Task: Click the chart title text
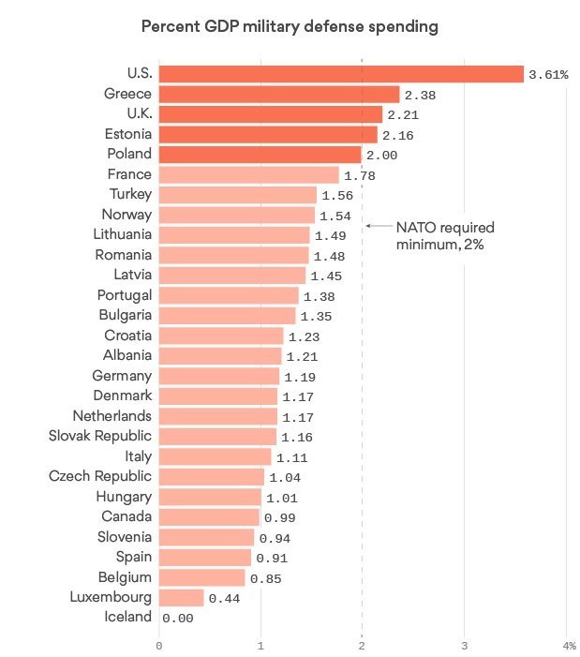(290, 27)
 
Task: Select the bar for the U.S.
(341, 74)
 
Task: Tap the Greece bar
(279, 94)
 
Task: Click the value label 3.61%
(548, 75)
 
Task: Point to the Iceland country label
(128, 617)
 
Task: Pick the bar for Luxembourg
(182, 597)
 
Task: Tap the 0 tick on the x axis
(159, 646)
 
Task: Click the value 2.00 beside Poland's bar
(381, 156)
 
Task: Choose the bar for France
(249, 174)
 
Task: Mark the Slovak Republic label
(100, 436)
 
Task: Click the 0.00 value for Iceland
(177, 619)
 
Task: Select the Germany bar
(219, 376)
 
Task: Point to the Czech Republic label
(100, 476)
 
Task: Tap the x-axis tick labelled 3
(463, 646)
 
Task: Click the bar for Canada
(209, 516)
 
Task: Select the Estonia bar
(268, 134)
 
